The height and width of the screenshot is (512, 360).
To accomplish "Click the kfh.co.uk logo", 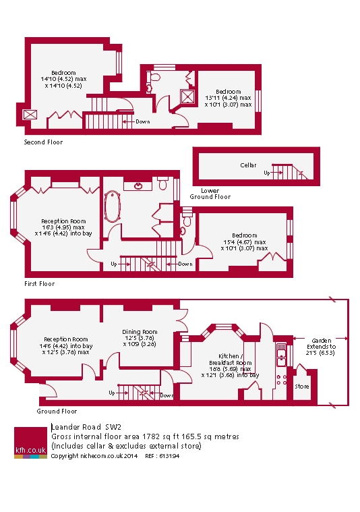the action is [31, 443].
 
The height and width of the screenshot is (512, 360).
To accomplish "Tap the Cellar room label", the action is [248, 165].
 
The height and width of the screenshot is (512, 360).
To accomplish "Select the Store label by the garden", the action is [302, 387].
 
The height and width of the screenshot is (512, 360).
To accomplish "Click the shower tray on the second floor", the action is [188, 96].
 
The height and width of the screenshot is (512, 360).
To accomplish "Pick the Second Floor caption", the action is [43, 142].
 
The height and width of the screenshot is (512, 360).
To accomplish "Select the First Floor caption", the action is [40, 284].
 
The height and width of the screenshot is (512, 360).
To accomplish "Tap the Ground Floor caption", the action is [57, 411].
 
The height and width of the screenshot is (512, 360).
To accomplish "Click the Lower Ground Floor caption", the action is [210, 194].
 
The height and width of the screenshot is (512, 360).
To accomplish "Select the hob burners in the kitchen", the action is [281, 380].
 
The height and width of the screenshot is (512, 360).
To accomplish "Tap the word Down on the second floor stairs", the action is [143, 121].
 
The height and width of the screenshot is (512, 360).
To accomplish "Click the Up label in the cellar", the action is [267, 173].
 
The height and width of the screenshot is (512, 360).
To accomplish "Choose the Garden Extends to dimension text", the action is [321, 347].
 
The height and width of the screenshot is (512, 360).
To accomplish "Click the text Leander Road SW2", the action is [86, 427].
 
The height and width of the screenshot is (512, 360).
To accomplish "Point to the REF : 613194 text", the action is [162, 456].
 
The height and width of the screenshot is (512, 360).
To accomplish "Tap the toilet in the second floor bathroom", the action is [154, 77].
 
